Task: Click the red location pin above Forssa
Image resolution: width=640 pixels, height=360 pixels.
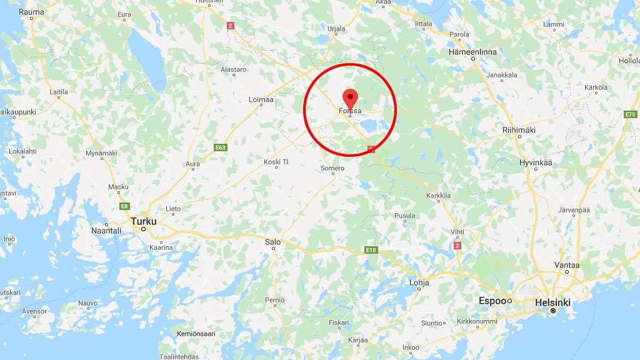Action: [350, 97]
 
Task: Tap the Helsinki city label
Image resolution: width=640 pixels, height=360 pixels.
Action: [552, 302]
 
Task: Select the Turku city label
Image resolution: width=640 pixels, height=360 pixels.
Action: [143, 221]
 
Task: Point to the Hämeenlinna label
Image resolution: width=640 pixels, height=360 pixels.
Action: [472, 52]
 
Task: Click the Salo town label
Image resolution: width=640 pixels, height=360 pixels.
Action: [273, 241]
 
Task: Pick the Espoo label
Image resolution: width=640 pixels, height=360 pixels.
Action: [492, 301]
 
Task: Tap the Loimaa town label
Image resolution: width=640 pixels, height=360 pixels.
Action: [261, 99]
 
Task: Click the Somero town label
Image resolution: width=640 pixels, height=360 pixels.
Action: [332, 168]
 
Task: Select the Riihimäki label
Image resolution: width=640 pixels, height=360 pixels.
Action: [519, 130]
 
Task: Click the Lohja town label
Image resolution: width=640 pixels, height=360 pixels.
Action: [419, 282]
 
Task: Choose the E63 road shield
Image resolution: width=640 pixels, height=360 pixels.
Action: [219, 147]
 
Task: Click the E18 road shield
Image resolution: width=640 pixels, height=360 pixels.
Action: [371, 250]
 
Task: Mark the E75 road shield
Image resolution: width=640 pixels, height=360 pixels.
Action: [630, 114]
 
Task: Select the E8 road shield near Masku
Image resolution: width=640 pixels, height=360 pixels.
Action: [124, 206]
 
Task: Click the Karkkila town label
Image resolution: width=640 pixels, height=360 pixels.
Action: [438, 196]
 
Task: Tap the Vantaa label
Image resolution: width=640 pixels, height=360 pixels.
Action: [567, 265]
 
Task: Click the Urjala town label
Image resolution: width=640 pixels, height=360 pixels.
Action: [336, 29]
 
